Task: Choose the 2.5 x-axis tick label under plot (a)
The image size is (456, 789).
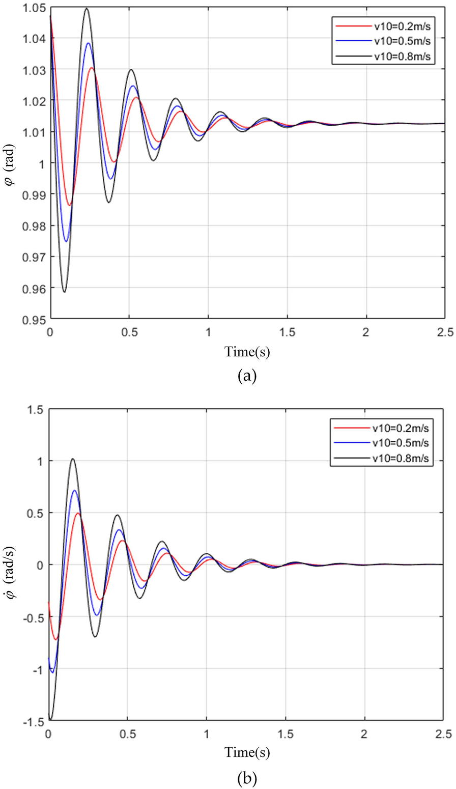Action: pyautogui.click(x=444, y=332)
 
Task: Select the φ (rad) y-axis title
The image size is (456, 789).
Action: pyautogui.click(x=9, y=164)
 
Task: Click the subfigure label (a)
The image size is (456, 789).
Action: pyautogui.click(x=247, y=377)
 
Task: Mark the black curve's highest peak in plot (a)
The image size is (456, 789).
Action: pyautogui.click(x=87, y=8)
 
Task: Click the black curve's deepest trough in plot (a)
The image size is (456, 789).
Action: pyautogui.click(x=64, y=292)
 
